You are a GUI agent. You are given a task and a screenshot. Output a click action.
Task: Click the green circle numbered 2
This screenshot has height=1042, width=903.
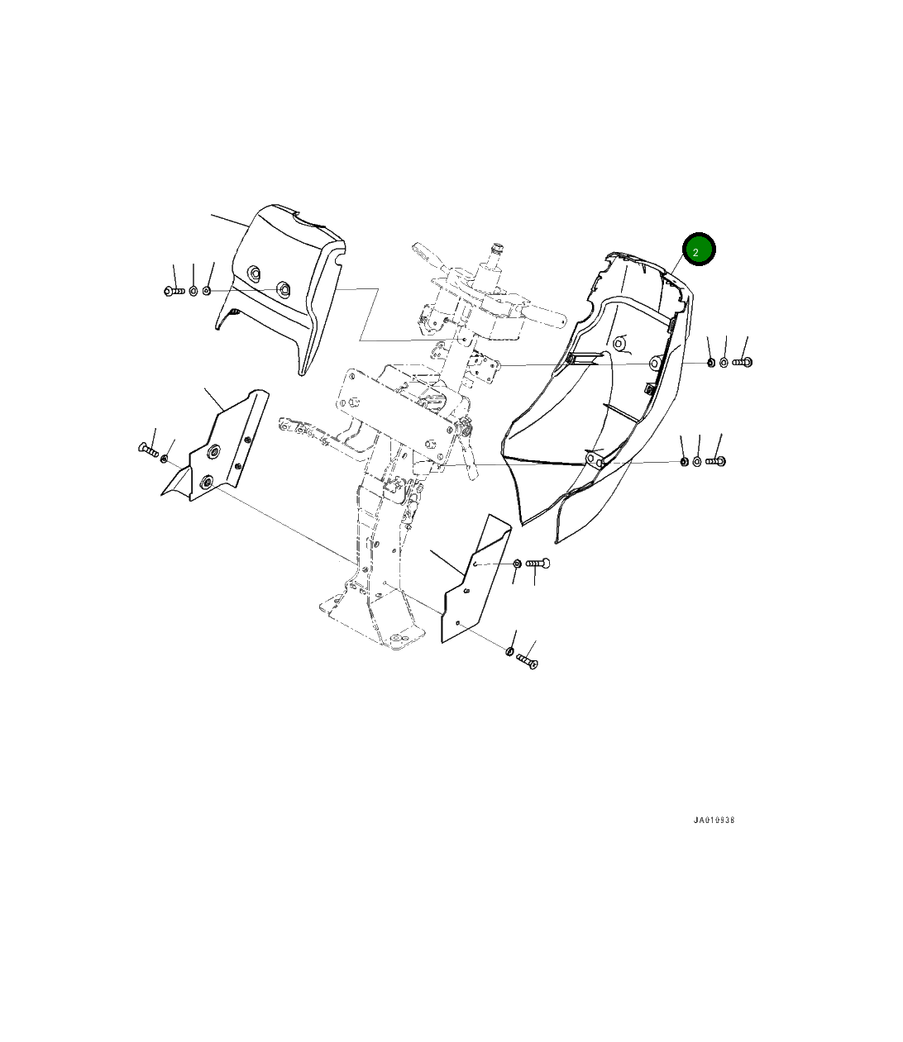pos(698,250)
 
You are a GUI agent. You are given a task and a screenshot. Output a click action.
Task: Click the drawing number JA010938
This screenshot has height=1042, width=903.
pos(714,821)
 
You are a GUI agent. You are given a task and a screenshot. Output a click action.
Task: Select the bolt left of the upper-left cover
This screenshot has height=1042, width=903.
pos(174,291)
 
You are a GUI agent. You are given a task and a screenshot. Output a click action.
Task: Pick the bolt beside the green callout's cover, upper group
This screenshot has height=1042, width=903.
pos(743,362)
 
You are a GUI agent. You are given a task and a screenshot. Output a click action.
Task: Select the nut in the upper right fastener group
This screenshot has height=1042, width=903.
pos(710,362)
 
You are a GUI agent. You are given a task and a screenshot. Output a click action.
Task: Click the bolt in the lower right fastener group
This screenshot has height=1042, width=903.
pos(715,460)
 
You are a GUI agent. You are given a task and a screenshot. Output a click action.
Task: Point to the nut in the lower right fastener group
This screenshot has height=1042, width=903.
pos(685,460)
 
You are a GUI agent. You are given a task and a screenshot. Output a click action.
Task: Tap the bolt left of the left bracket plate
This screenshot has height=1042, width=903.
pos(147,449)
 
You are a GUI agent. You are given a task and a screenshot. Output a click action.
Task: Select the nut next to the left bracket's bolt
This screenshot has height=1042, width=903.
pos(165,458)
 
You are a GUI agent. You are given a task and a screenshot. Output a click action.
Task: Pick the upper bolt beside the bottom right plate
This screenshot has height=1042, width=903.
pos(538,564)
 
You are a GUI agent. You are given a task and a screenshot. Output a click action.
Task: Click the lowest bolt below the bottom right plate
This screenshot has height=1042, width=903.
pos(527,661)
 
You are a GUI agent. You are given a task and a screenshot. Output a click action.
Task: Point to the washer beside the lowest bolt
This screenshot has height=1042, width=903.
pos(509,652)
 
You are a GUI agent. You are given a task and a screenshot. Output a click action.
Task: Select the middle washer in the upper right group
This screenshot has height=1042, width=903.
pos(724,362)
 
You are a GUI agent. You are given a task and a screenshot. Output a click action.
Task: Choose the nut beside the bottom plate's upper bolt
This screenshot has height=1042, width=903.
pos(518,564)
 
